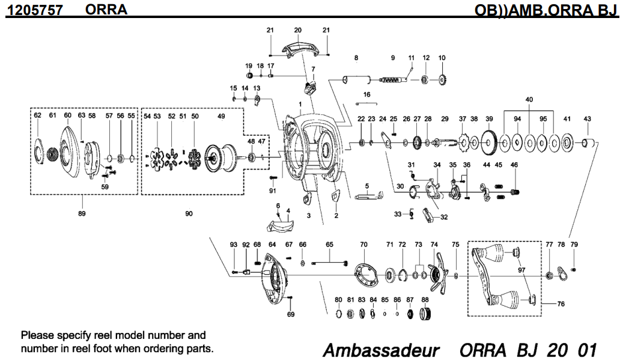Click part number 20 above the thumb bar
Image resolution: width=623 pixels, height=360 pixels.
pyautogui.click(x=297, y=30)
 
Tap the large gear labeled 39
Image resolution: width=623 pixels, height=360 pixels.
pyautogui.click(x=489, y=142)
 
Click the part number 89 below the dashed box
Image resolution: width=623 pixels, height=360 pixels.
pyautogui.click(x=82, y=213)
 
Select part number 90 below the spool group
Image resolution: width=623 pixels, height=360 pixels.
pyautogui.click(x=189, y=213)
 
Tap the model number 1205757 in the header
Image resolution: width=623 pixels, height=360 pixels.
pyautogui.click(x=34, y=10)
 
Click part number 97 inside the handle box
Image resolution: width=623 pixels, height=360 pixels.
pyautogui.click(x=521, y=270)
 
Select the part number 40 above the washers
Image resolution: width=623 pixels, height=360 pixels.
pyautogui.click(x=529, y=99)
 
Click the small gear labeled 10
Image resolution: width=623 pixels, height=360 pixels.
pyautogui.click(x=443, y=79)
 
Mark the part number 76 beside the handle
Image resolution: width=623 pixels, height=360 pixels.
pyautogui.click(x=561, y=304)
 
